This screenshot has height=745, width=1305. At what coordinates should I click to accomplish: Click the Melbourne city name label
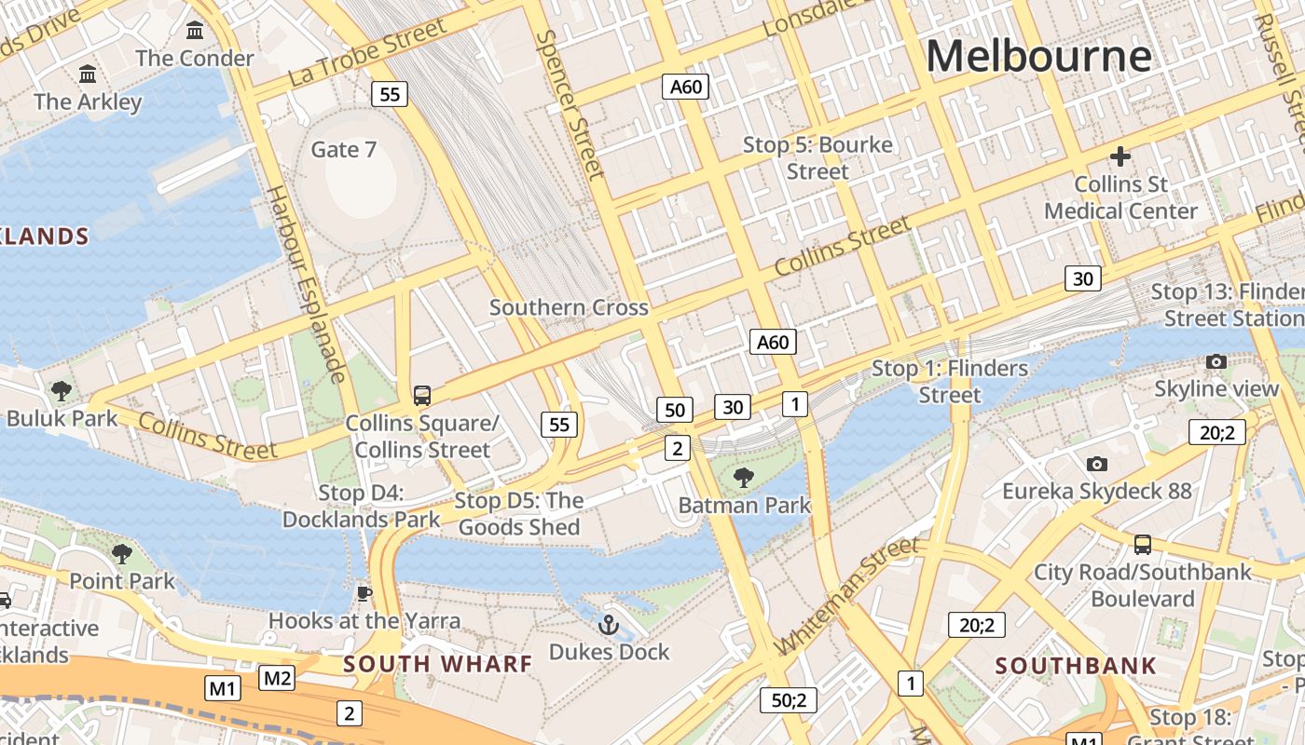(1037, 56)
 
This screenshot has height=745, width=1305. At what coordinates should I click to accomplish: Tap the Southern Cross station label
(569, 307)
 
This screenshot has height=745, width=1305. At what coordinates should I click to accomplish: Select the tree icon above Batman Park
(743, 479)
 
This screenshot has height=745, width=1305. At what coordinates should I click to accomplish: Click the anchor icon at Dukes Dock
(609, 625)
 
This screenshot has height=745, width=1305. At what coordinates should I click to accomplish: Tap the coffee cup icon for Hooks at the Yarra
(364, 593)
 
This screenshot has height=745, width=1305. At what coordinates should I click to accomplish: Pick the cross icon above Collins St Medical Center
(1120, 156)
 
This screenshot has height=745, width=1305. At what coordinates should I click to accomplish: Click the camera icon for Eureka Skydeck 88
(1097, 464)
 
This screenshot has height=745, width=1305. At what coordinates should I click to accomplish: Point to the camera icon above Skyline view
(1216, 361)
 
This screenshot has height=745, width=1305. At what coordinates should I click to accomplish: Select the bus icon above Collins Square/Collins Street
(422, 396)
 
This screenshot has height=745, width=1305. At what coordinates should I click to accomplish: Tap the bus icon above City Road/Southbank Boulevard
(1142, 544)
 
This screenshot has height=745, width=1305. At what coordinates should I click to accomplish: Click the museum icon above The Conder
(195, 31)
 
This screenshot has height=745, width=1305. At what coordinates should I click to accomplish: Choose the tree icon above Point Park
(121, 554)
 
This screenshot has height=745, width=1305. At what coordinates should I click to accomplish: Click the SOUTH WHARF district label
(437, 664)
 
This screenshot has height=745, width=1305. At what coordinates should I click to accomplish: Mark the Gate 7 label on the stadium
(343, 150)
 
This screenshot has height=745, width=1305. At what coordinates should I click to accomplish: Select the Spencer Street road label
(571, 102)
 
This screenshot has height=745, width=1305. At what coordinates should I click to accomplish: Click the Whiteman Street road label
(846, 596)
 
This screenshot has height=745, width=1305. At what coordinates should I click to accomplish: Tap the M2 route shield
(277, 678)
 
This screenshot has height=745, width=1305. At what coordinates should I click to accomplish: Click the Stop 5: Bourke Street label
(817, 158)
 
